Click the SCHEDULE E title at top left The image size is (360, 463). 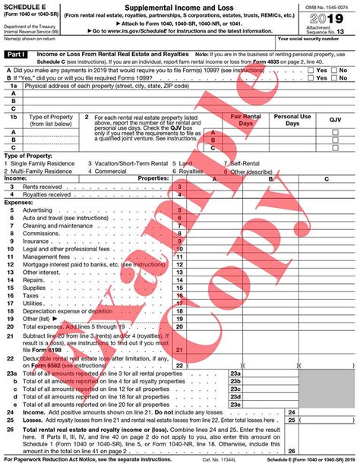coord(27,6)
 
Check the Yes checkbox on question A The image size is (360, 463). coord(311,69)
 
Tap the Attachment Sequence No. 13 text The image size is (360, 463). coord(331,31)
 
